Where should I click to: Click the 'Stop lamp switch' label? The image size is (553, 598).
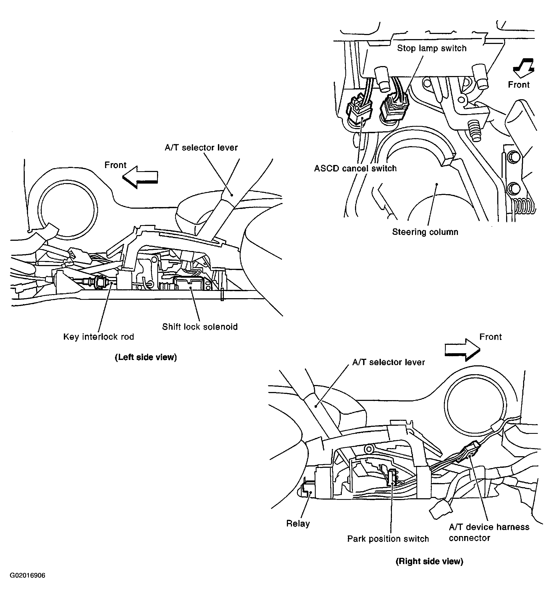tap(432, 48)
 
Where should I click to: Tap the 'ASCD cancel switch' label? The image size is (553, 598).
tap(355, 168)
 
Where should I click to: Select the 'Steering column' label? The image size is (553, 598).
tap(425, 232)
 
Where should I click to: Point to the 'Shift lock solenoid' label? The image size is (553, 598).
tap(200, 327)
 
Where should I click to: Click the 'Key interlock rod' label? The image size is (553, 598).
tap(98, 337)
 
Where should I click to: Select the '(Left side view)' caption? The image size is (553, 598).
tap(146, 357)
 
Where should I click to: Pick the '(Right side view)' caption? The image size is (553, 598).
tap(429, 561)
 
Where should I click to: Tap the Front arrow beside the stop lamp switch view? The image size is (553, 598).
tap(524, 68)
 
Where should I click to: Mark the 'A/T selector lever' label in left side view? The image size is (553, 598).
tap(201, 148)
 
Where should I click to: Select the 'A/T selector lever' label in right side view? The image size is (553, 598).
tap(388, 362)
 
